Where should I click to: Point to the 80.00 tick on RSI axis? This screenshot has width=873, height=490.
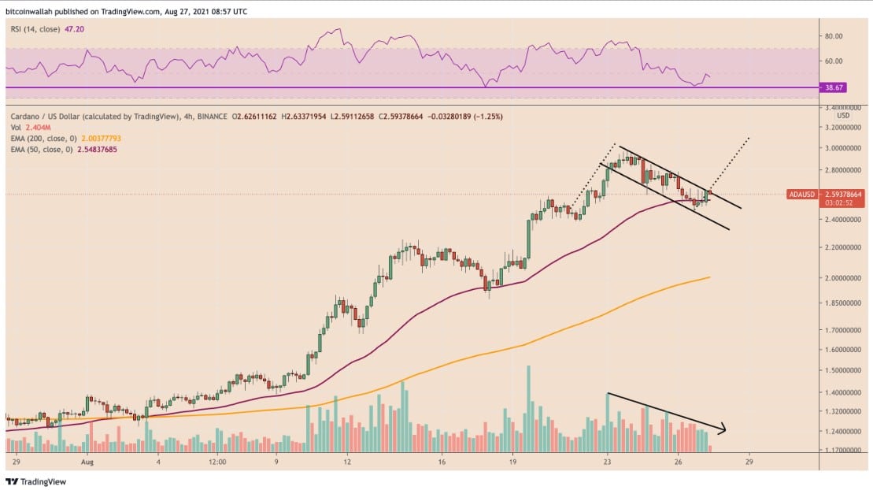833,36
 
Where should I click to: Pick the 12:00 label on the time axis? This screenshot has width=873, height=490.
216,462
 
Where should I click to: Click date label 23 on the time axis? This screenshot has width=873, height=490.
607,462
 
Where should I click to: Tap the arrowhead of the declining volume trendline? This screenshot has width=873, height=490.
722,429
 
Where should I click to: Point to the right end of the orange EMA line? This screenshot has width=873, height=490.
710,277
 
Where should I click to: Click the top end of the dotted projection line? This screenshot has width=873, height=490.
749,138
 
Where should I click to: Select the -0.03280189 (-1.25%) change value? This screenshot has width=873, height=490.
464,116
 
